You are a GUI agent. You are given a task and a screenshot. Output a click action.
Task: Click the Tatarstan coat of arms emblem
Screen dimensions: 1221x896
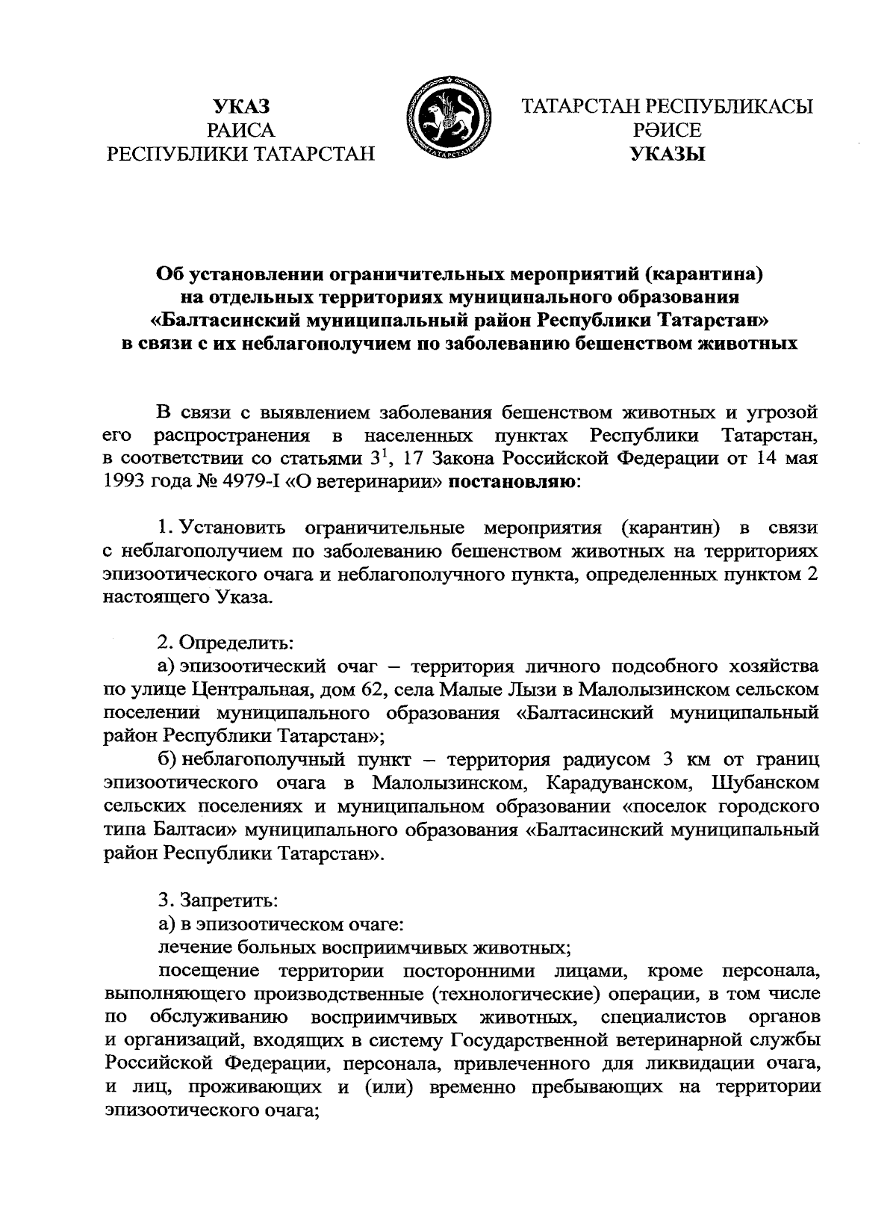(x=447, y=119)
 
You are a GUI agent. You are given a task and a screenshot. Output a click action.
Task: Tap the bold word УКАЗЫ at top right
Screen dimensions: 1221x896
(x=667, y=155)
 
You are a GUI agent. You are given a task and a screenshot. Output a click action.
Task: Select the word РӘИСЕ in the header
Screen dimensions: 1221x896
(x=667, y=131)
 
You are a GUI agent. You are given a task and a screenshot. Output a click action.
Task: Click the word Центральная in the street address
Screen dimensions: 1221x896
(x=247, y=688)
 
